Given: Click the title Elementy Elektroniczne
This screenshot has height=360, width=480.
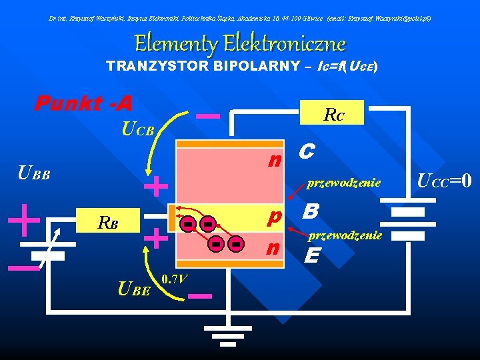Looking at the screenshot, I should click(x=240, y=44).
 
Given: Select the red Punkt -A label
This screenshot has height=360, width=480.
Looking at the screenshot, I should click(x=84, y=103).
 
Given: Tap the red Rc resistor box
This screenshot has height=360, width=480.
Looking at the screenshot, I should click(x=334, y=115).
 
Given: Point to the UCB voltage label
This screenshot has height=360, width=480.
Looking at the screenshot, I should click(x=138, y=129).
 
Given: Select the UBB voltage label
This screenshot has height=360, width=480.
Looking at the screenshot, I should click(x=33, y=175).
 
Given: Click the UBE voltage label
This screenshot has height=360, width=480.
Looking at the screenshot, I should click(x=133, y=289).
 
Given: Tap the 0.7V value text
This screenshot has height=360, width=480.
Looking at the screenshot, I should click(x=174, y=278).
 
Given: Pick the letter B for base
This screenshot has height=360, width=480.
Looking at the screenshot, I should click(x=310, y=213).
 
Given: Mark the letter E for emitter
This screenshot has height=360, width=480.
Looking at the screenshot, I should click(x=311, y=255).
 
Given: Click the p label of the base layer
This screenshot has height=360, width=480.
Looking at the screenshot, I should click(x=274, y=217).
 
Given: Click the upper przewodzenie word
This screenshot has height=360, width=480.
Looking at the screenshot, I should click(x=344, y=182).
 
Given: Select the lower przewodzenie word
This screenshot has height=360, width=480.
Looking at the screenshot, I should click(x=344, y=235).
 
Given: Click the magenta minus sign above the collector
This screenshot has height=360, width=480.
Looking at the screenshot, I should click(x=209, y=115).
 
